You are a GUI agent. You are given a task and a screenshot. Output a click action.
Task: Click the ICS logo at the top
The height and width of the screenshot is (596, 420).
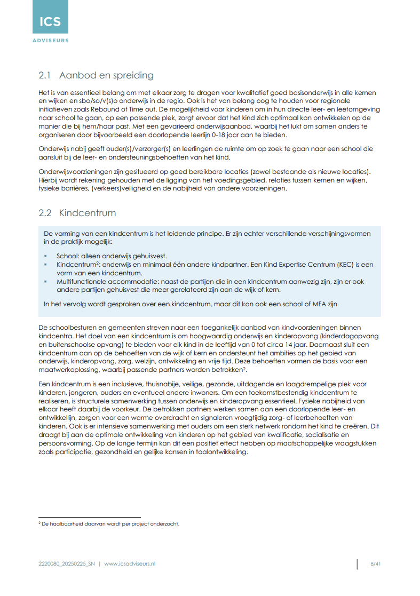(x=50, y=21)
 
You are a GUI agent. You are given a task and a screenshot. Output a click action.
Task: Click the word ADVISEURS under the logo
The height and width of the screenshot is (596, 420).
(x=50, y=40)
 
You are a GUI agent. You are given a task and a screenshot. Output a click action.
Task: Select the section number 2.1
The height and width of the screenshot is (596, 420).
(x=45, y=75)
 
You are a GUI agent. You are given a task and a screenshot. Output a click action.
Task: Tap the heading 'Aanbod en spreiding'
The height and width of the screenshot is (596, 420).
(x=106, y=75)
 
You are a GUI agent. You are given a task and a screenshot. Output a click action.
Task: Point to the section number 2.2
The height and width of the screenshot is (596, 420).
(x=45, y=213)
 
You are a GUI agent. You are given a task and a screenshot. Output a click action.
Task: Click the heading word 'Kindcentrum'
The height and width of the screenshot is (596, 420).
(x=88, y=213)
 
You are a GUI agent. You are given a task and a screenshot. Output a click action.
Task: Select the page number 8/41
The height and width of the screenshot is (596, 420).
(x=375, y=563)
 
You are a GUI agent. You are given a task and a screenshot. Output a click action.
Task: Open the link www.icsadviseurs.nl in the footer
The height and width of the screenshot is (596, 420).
(x=130, y=563)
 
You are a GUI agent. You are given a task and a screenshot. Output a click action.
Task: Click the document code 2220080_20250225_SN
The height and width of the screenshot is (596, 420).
(x=67, y=563)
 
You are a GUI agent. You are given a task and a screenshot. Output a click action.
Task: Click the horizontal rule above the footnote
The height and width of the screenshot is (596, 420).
(x=89, y=517)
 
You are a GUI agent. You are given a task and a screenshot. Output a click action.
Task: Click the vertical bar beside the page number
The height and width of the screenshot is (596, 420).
(x=357, y=564)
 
